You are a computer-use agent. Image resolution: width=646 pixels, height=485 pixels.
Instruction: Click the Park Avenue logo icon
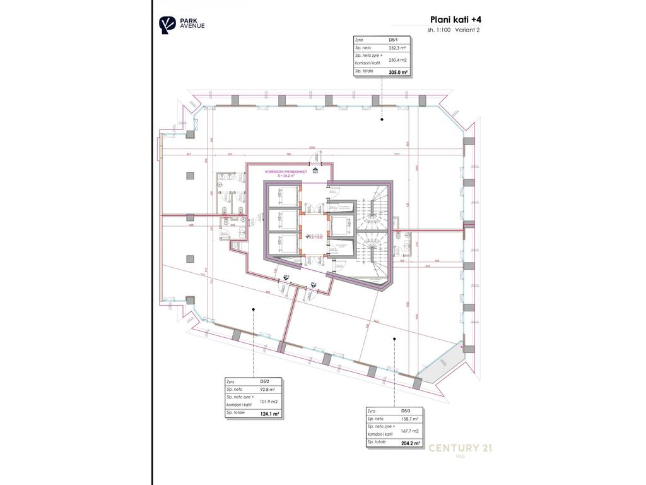(x=166, y=25)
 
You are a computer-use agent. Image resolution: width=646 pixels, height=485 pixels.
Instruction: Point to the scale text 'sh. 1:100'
(x=439, y=30)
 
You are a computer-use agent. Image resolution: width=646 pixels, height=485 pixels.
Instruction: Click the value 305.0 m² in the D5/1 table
(x=398, y=73)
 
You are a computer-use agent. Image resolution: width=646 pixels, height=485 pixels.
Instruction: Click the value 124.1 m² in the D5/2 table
(x=269, y=414)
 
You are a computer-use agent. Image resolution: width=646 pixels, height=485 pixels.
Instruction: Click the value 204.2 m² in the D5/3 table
(x=410, y=443)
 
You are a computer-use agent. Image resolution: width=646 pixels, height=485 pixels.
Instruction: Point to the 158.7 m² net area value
(x=409, y=419)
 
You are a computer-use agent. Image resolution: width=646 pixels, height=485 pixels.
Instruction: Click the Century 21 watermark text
(x=461, y=448)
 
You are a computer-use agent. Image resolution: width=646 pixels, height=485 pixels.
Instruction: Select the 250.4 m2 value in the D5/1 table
(x=397, y=61)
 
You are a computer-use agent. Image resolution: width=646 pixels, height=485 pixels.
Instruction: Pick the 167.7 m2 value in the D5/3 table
(x=409, y=431)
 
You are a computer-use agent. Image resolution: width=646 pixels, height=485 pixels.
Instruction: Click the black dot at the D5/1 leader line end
(x=382, y=119)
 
